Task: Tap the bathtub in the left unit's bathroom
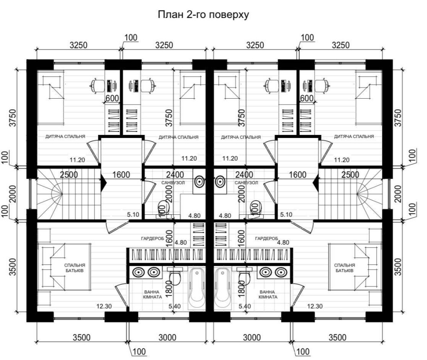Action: pos(196,288)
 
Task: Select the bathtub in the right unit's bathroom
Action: pos(222,288)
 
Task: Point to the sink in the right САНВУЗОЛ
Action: pos(220,181)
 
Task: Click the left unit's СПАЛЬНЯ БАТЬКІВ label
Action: pos(75,268)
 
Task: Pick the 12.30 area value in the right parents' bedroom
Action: pos(315,306)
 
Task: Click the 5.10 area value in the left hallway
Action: pos(133,214)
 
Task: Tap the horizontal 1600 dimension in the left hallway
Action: pos(121,175)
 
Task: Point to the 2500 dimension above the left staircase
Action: pos(69,175)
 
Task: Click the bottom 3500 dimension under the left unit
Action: pos(82,338)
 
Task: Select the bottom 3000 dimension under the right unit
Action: pos(252,338)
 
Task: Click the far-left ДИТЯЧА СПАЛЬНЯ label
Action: pos(65,136)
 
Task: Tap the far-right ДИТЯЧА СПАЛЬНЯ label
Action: pos(354,136)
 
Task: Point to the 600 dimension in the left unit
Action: pos(112,98)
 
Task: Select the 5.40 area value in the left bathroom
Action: pos(175,306)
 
